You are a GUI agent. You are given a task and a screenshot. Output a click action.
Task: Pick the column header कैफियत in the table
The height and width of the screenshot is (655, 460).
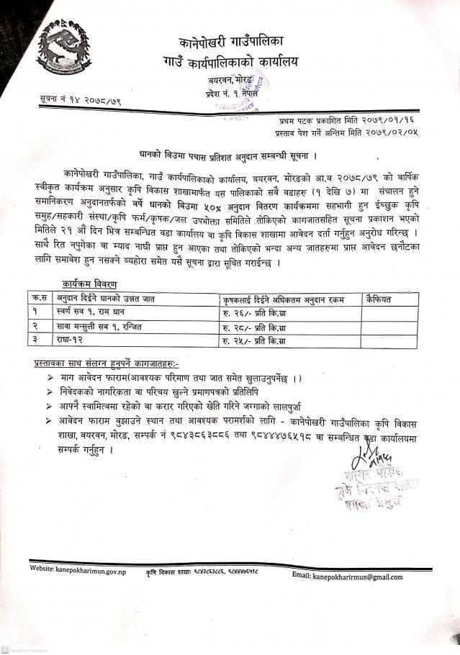380,297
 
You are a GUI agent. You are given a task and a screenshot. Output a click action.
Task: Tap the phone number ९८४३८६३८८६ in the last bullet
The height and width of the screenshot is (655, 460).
244,435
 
